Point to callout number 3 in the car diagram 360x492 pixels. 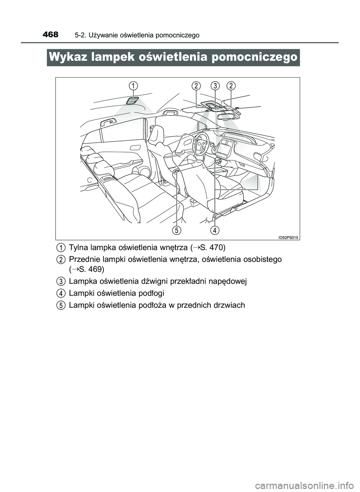(214, 86)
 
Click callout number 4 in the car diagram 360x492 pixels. (214, 229)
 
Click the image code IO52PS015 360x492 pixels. (288, 237)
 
